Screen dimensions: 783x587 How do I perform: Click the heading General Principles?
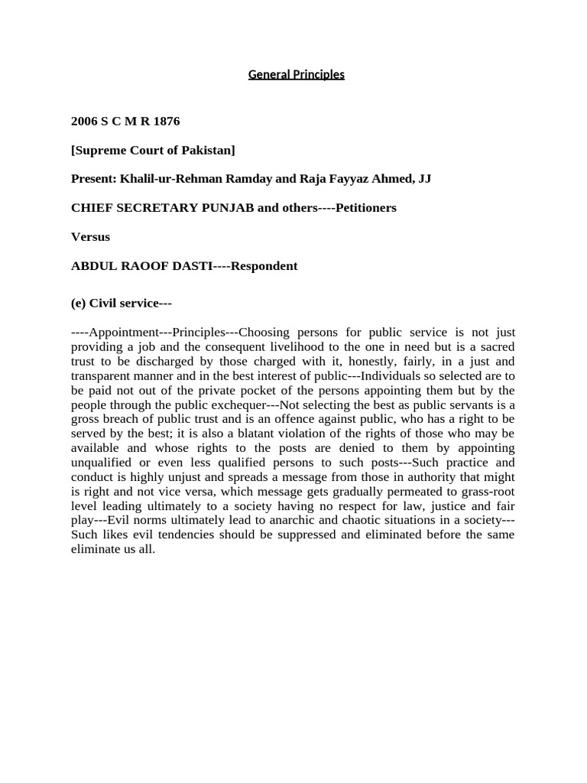coord(297,74)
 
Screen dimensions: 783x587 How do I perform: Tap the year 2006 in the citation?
coord(85,121)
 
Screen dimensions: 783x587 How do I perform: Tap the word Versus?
coord(90,236)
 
